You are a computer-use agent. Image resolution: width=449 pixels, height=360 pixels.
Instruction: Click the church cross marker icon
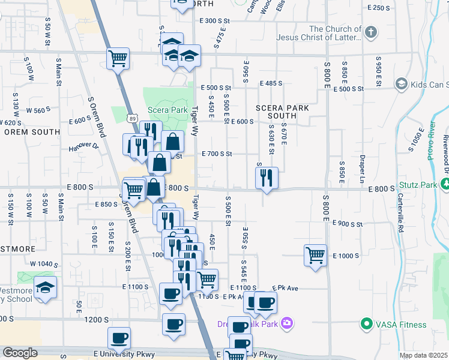(371, 32)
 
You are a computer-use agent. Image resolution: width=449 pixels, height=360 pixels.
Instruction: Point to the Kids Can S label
(427, 85)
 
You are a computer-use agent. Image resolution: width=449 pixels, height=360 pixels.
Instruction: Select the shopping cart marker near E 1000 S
(315, 255)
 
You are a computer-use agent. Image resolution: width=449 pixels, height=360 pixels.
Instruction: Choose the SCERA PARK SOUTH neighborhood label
(282, 112)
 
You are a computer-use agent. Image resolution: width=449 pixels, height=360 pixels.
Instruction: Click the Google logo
(20, 353)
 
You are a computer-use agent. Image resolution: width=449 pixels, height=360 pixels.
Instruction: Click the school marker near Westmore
(45, 287)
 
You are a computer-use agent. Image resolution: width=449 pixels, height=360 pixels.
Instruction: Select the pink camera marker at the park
(287, 323)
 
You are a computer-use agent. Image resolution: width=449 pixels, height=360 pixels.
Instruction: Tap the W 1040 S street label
(44, 264)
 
